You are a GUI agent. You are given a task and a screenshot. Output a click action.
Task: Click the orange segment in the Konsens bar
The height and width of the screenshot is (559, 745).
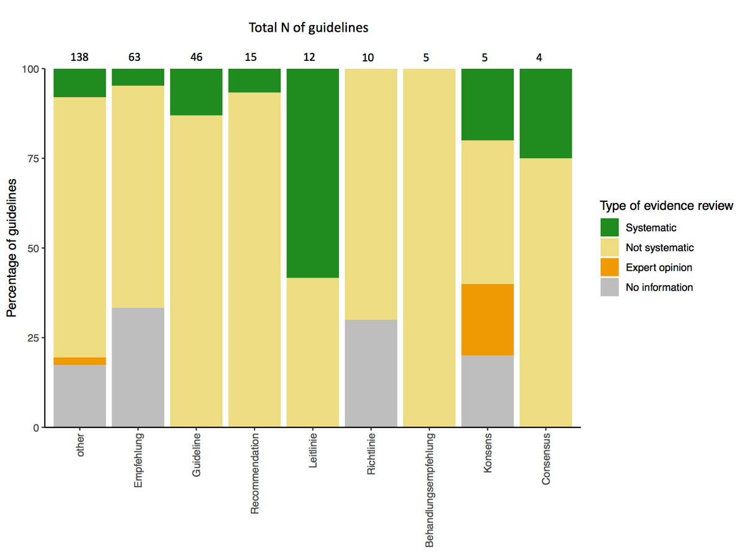(x=487, y=320)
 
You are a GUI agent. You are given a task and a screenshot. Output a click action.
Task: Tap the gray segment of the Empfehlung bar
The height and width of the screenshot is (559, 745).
(x=138, y=367)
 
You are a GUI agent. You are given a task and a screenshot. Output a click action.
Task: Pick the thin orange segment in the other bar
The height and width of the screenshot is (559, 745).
(x=79, y=361)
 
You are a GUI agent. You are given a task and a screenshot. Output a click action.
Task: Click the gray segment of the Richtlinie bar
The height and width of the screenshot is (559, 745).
(x=371, y=373)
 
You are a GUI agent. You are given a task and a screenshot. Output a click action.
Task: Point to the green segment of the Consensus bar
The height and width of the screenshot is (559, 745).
(x=546, y=113)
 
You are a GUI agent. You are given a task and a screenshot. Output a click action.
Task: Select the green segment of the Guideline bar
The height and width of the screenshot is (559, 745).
(x=196, y=92)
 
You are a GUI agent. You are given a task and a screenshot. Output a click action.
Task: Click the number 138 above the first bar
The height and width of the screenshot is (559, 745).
(x=79, y=58)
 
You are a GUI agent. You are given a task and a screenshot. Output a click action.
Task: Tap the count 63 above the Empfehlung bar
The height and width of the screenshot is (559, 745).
(x=135, y=58)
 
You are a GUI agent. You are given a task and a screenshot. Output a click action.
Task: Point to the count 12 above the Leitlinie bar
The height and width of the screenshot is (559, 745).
(x=309, y=58)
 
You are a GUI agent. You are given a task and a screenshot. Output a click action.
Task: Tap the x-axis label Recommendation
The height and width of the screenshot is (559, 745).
(x=255, y=475)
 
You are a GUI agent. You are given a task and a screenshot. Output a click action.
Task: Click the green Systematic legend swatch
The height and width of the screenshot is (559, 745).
(x=610, y=227)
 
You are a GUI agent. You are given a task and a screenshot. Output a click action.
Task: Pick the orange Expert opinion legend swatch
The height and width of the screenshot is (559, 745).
(x=610, y=267)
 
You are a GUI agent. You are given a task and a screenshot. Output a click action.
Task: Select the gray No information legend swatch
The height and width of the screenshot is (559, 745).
(x=610, y=287)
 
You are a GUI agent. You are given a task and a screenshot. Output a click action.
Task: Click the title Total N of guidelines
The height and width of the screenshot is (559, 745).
(x=309, y=28)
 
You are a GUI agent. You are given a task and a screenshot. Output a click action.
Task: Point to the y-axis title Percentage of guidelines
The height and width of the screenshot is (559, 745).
(x=12, y=248)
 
